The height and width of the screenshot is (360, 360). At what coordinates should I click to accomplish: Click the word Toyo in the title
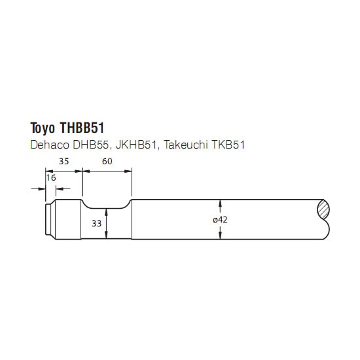(43, 128)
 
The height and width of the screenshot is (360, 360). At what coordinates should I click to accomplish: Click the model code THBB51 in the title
(82, 128)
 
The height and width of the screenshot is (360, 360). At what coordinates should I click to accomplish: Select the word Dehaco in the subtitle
(50, 145)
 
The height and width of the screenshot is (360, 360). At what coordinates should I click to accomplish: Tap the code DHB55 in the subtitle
(90, 145)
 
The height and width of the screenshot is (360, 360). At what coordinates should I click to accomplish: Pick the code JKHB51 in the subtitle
(136, 145)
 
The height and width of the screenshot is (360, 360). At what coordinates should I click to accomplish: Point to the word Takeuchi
(186, 145)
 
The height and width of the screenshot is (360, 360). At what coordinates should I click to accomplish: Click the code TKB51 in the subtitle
(228, 145)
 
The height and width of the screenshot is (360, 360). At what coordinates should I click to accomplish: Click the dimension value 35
(64, 162)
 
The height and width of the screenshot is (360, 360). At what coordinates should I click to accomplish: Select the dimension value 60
(107, 162)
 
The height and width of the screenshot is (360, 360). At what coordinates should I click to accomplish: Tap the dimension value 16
(51, 177)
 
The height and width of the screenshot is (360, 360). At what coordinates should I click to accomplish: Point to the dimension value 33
(96, 223)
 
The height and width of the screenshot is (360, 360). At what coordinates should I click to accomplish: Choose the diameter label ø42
(220, 220)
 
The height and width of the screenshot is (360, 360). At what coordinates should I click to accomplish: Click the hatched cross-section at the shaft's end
(323, 209)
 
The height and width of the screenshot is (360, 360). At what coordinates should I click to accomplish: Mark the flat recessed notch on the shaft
(106, 208)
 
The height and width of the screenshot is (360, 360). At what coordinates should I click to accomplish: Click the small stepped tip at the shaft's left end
(50, 219)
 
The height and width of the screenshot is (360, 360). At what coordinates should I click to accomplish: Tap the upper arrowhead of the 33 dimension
(106, 212)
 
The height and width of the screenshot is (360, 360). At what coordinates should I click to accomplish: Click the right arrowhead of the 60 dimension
(128, 171)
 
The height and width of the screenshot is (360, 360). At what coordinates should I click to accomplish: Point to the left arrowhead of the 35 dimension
(49, 171)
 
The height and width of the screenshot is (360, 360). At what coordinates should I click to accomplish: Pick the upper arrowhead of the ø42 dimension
(220, 204)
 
